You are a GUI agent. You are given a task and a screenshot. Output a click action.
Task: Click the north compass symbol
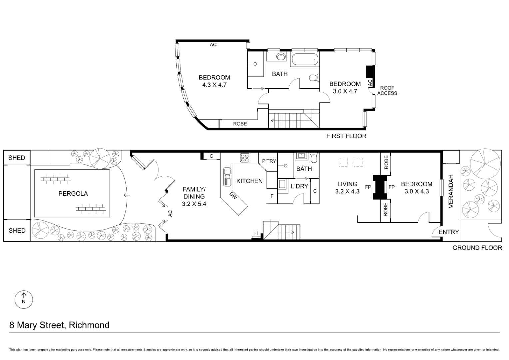(24, 299)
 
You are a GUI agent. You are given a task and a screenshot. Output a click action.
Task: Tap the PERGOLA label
(73, 194)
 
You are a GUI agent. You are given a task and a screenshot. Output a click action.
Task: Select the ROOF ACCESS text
(387, 91)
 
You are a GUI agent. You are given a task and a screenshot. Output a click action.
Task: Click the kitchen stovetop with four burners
(245, 158)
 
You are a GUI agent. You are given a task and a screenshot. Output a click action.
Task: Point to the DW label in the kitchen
(233, 197)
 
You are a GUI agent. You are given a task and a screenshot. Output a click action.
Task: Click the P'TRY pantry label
(269, 161)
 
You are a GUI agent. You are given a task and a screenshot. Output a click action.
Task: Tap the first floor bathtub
(304, 59)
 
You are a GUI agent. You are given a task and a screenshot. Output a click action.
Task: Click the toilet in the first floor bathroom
(314, 78)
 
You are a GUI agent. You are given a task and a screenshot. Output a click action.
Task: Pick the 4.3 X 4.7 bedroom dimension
(214, 85)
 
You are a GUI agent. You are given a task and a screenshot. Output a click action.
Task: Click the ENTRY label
(449, 232)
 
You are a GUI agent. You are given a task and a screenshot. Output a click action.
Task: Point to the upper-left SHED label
(17, 158)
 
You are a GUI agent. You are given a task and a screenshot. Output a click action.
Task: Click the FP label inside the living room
(368, 187)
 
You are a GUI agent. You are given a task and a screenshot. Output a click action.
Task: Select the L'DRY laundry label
(299, 186)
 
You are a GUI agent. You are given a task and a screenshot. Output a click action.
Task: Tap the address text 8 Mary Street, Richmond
(59, 325)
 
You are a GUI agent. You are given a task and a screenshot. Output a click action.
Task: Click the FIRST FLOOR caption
(346, 136)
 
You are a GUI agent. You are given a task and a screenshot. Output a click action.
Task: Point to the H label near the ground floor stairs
(256, 233)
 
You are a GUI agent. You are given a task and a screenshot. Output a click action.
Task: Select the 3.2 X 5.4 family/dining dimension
(194, 204)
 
